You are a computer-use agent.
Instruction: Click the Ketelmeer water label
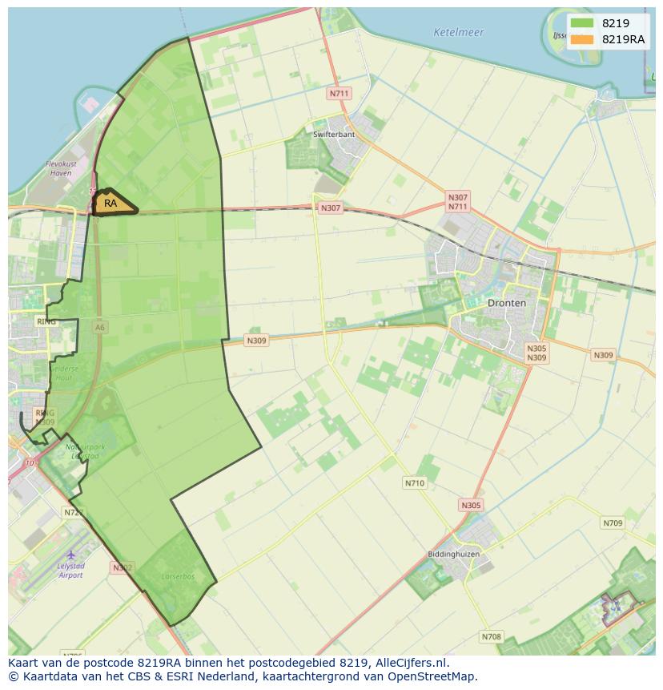[458, 33]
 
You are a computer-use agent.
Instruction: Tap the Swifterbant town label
[334, 135]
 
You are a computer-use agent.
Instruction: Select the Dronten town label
[507, 304]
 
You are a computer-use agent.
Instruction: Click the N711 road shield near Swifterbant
[340, 94]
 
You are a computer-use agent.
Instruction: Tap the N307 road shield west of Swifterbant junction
[330, 208]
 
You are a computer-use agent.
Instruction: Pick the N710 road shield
[415, 483]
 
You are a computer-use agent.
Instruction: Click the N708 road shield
[491, 637]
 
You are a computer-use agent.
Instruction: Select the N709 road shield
[612, 523]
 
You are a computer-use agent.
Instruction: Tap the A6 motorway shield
[99, 327]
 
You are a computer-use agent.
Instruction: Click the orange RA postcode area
[113, 204]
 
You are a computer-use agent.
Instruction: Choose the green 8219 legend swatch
[582, 23]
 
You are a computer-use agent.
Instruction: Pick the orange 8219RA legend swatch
[582, 38]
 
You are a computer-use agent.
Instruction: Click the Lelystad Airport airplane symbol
[70, 555]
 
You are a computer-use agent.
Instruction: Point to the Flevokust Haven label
[60, 168]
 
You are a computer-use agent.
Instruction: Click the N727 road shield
[72, 511]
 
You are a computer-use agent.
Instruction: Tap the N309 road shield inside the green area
[256, 341]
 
